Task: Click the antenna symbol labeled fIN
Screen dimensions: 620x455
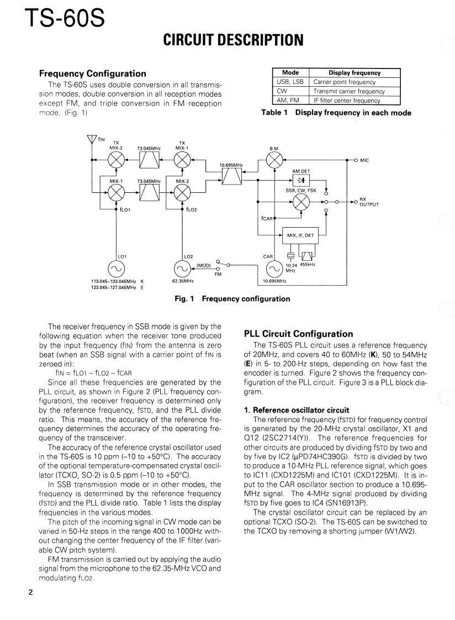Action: pyautogui.click(x=92, y=140)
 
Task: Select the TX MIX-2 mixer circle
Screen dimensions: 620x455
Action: pyautogui.click(x=116, y=160)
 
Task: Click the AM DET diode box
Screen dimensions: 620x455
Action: pyautogui.click(x=301, y=180)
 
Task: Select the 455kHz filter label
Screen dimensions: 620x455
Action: pyautogui.click(x=308, y=265)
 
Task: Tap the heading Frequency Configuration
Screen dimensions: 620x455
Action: pyautogui.click(x=93, y=73)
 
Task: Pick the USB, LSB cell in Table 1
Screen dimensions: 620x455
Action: pyautogui.click(x=290, y=82)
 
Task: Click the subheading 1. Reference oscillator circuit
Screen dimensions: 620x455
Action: pyautogui.click(x=296, y=410)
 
